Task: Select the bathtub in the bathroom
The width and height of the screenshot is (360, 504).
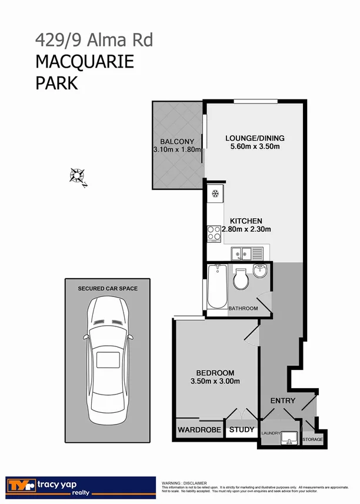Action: tap(216, 287)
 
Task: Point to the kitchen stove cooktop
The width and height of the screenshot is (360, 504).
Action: tap(214, 233)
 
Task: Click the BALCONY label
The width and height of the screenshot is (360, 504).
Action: tap(177, 141)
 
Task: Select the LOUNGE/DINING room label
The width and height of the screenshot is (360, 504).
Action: tap(255, 138)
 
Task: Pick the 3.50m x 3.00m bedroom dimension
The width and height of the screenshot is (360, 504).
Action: tap(215, 382)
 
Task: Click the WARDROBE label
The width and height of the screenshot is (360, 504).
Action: tap(199, 430)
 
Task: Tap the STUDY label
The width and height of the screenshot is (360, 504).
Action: tap(241, 430)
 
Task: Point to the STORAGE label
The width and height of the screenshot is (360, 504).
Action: tap(312, 439)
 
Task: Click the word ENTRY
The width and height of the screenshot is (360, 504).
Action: tap(282, 400)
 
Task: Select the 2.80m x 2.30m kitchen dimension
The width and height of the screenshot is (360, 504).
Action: tap(246, 229)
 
